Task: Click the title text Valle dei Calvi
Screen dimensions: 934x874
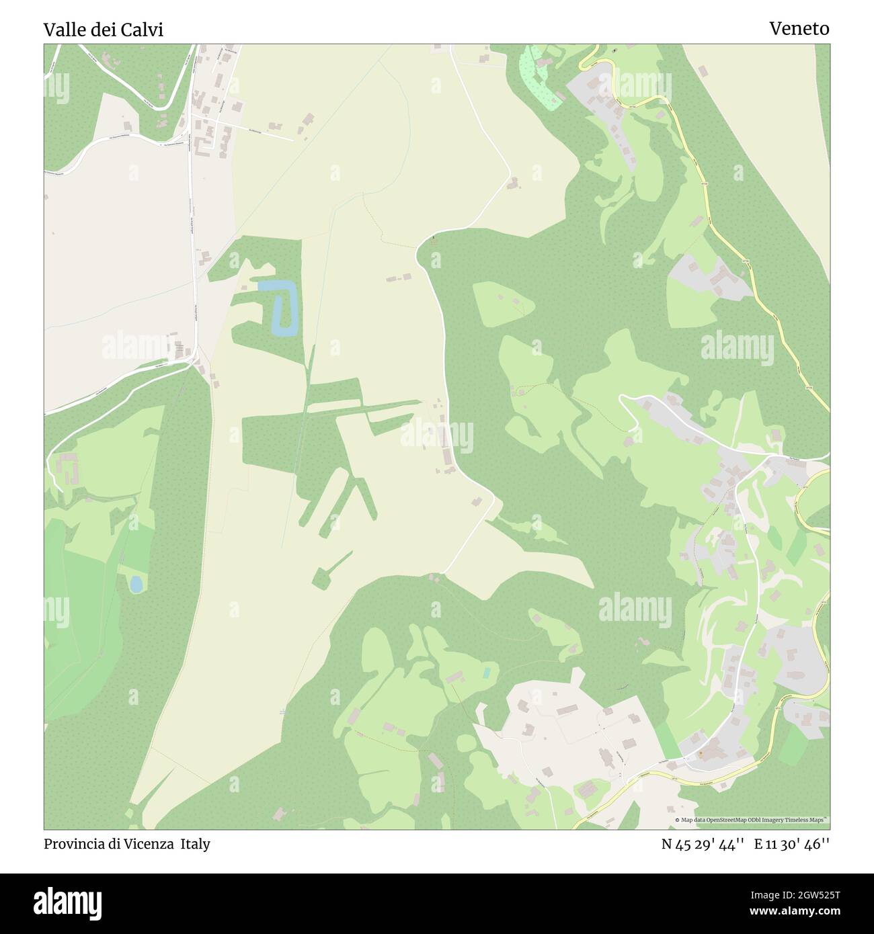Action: click(x=104, y=30)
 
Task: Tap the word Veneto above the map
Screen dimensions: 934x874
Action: click(x=799, y=29)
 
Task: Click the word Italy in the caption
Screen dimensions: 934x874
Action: click(x=194, y=844)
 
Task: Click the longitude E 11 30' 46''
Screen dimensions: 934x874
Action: click(x=792, y=844)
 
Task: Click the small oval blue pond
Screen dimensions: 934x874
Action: click(x=136, y=585)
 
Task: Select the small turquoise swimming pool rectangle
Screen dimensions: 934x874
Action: click(x=486, y=672)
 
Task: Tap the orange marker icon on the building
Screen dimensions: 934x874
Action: click(x=700, y=754)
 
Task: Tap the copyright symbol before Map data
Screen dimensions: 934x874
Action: click(x=678, y=820)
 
